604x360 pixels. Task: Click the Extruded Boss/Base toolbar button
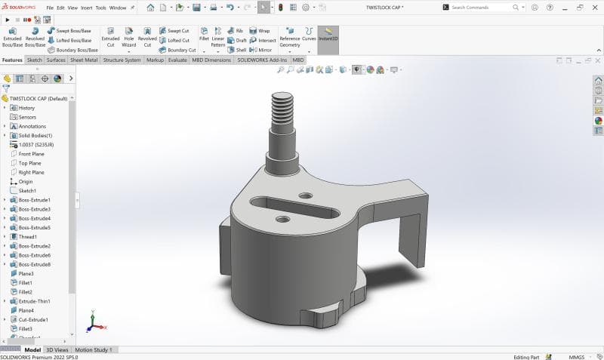point(12,38)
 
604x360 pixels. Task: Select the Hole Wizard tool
point(128,38)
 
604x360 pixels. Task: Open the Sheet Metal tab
point(84,60)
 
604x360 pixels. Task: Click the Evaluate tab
point(177,60)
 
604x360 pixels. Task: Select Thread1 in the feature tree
point(28,237)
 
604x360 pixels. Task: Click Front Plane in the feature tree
point(31,154)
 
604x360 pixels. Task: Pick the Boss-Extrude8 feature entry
point(34,264)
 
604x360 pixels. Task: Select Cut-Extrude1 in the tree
point(34,319)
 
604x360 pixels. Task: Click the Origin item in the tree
point(26,182)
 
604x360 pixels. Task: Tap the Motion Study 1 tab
point(94,350)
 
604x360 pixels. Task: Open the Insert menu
point(87,8)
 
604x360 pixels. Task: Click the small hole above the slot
point(306,195)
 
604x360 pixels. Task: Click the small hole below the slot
point(282,220)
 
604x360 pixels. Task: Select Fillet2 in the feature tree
point(26,292)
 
